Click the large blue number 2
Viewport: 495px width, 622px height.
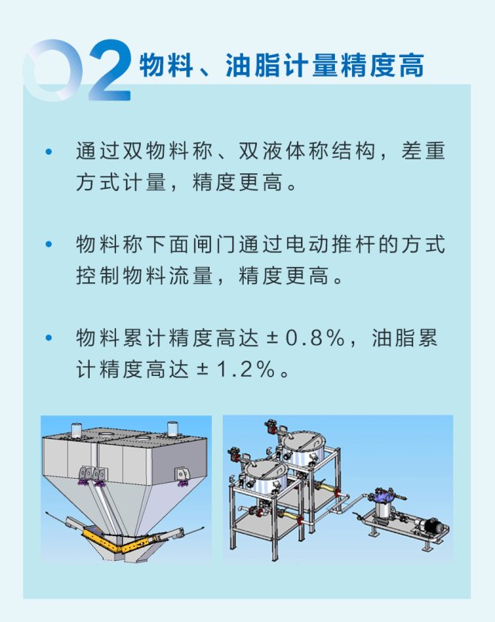tap(110, 70)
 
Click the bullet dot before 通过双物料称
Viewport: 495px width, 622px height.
tap(49, 151)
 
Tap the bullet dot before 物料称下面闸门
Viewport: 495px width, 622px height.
tap(49, 244)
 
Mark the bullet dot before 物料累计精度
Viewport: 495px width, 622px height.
tap(49, 338)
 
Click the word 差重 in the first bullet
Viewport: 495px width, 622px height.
tap(423, 151)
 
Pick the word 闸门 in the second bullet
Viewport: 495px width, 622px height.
tap(213, 244)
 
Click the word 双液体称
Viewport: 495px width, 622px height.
tap(284, 151)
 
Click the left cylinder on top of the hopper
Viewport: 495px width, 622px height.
tap(77, 430)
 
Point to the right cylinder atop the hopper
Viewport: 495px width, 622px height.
tap(173, 429)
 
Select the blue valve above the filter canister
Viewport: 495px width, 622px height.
tap(383, 496)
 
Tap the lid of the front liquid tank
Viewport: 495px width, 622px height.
tap(265, 469)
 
